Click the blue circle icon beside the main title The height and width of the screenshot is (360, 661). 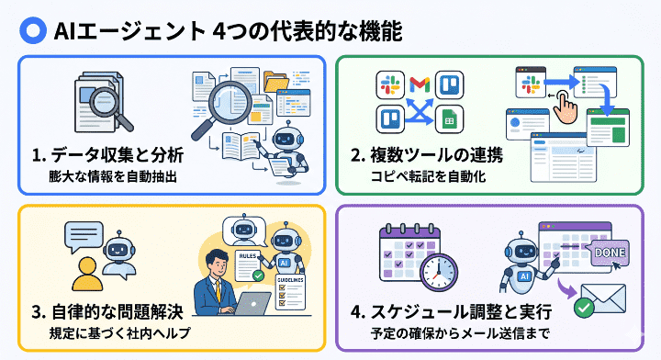click(x=33, y=30)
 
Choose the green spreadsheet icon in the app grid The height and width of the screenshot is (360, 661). click(x=450, y=119)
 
